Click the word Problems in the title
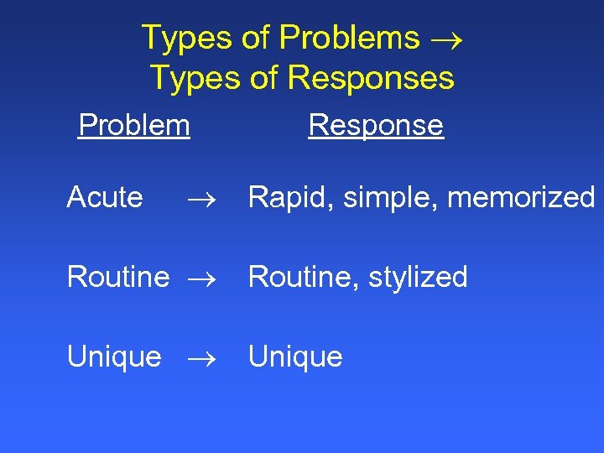[x=349, y=38]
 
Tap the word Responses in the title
[x=371, y=78]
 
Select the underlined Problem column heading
[x=134, y=126]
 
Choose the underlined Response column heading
[x=376, y=126]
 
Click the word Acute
[x=105, y=198]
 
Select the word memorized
[x=522, y=198]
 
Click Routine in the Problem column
[x=118, y=277]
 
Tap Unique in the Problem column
[x=114, y=357]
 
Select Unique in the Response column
[x=296, y=357]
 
